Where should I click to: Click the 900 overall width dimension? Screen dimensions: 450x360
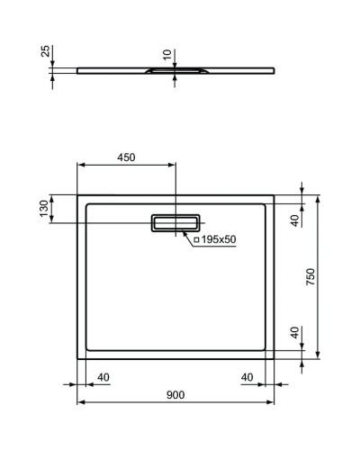[x=175, y=395]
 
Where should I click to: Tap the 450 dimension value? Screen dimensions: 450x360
[x=126, y=157]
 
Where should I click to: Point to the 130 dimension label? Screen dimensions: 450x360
[x=56, y=210]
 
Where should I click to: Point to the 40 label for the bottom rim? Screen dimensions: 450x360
[x=293, y=333]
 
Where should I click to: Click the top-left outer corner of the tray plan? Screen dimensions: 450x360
[x=77, y=194]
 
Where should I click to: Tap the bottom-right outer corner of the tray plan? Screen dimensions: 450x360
[x=275, y=358]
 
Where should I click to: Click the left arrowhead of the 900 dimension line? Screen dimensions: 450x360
[x=80, y=402]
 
